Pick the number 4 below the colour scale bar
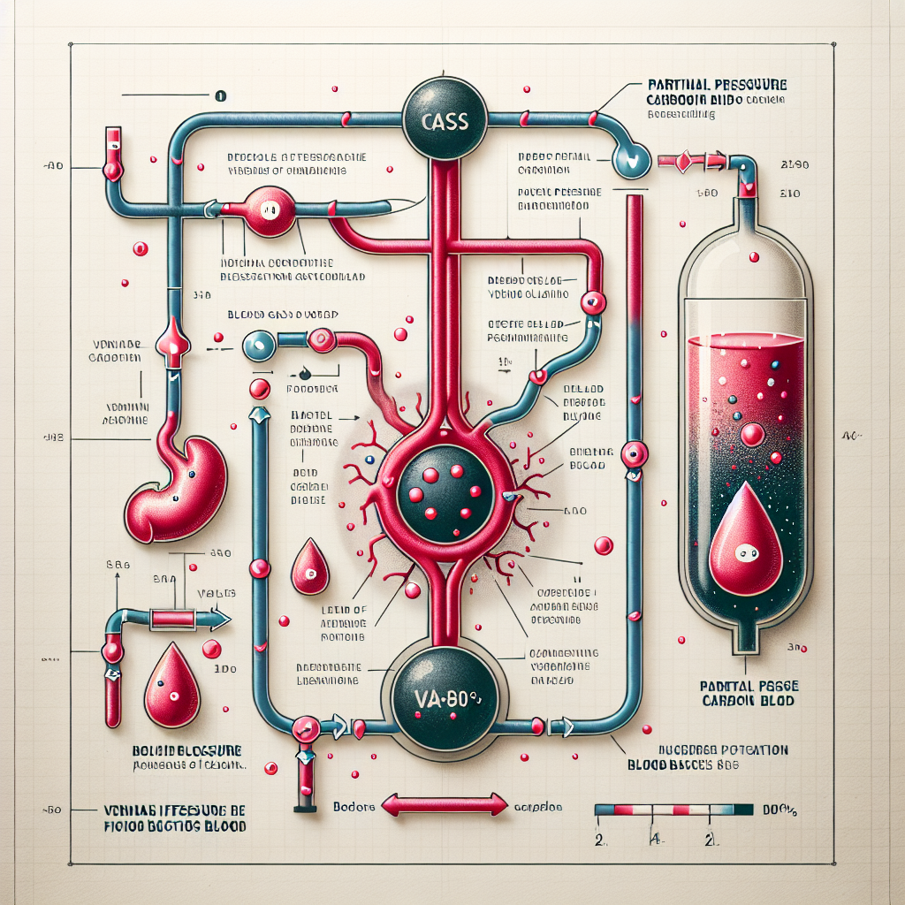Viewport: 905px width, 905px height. (655, 838)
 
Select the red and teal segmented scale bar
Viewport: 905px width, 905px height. (673, 809)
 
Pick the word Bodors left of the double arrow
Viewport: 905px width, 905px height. (354, 807)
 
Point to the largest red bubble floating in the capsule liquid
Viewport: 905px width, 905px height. (752, 434)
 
